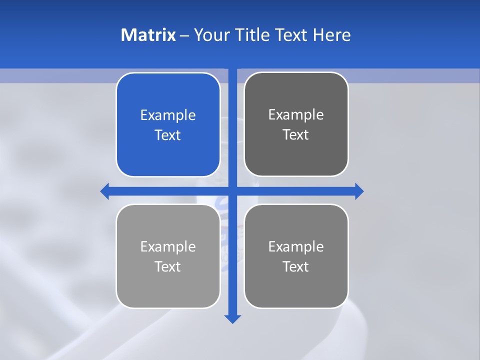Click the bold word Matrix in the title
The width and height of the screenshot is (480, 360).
point(148,35)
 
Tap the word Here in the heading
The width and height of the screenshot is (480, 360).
point(332,35)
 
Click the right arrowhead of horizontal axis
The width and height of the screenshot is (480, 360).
point(359,191)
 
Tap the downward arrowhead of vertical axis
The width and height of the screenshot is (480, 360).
point(232,318)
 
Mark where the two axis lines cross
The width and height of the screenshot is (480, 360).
point(232,191)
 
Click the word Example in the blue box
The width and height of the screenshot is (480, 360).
point(168,115)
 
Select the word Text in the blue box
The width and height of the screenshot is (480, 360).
point(168,135)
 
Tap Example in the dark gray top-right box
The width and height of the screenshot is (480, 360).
point(296,115)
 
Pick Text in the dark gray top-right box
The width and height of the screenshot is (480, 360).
point(296,134)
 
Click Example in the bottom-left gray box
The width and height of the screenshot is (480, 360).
point(168,247)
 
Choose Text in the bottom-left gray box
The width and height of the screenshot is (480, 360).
point(168,266)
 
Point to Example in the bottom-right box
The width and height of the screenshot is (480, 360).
point(296,247)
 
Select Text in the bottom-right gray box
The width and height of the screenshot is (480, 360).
point(296,266)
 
